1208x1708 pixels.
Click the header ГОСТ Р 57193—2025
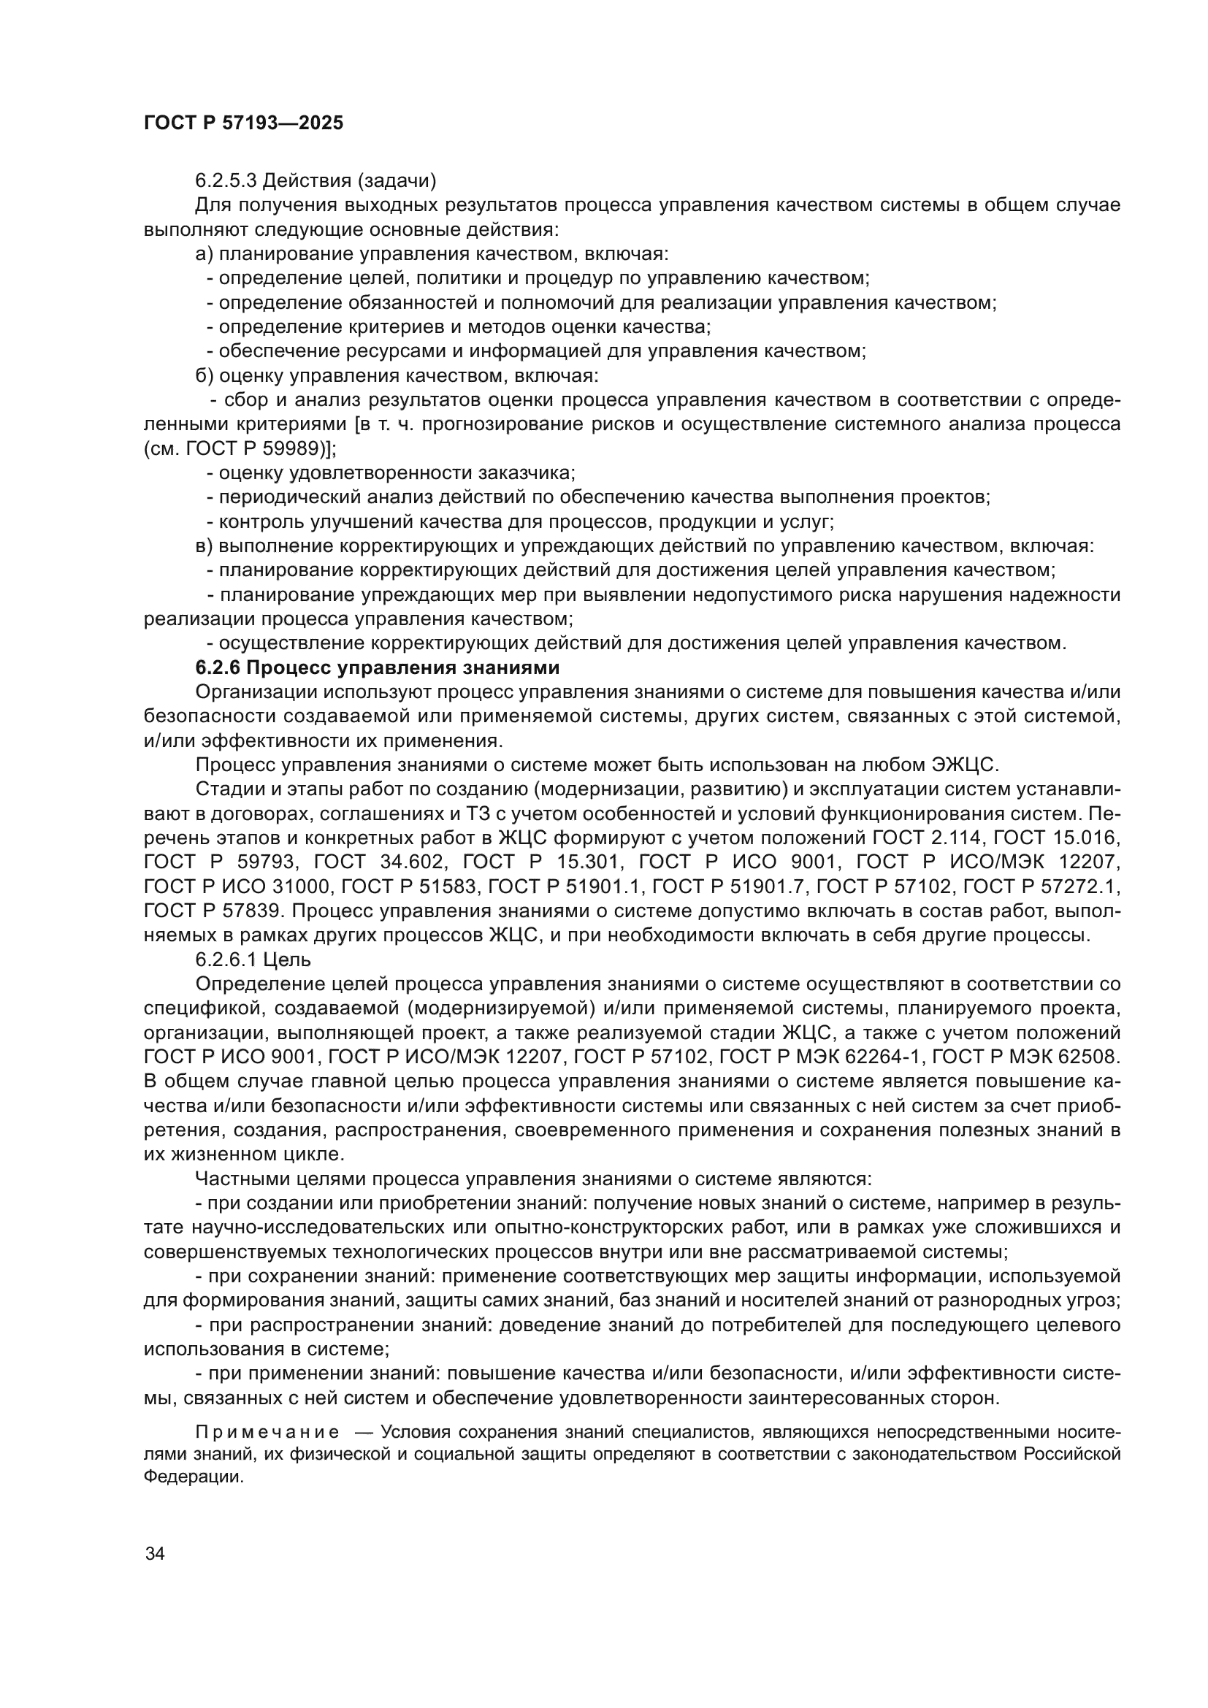click(x=243, y=123)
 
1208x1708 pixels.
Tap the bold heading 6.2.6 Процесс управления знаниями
click(x=377, y=667)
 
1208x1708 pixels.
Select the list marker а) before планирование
click(x=204, y=254)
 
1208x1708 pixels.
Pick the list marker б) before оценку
click(x=204, y=375)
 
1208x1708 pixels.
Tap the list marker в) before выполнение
click(x=204, y=546)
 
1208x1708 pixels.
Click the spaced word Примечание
click(x=267, y=1432)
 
